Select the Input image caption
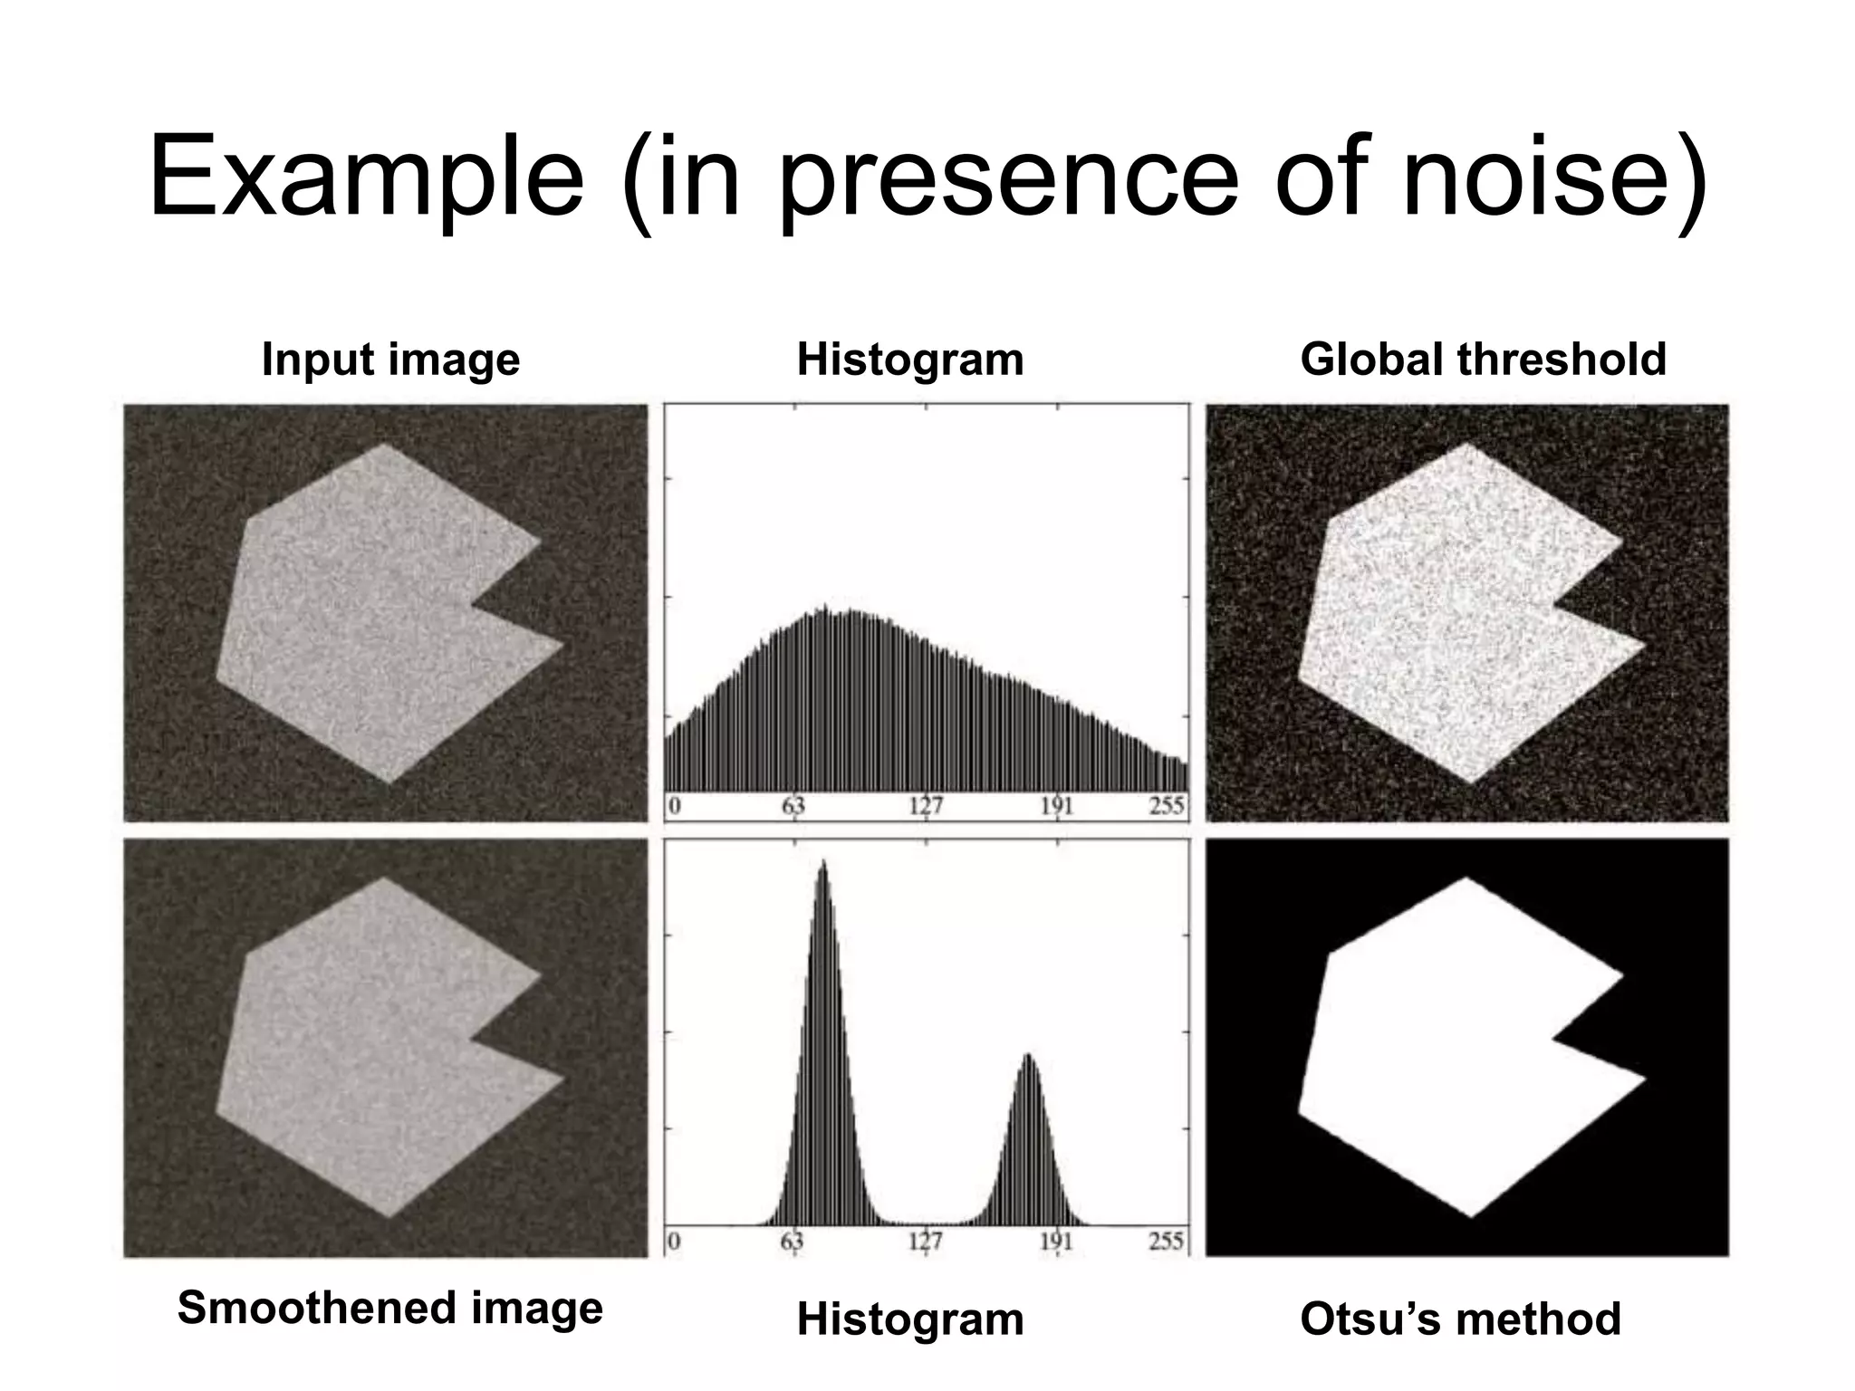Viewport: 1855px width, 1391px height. click(390, 360)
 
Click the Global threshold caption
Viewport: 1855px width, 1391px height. click(1483, 360)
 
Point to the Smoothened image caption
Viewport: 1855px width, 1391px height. click(390, 1308)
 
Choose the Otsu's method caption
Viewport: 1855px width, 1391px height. click(1460, 1319)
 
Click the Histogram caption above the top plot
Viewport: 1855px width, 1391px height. click(910, 360)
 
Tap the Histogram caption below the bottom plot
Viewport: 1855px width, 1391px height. click(910, 1319)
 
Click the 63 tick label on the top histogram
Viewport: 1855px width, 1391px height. click(793, 806)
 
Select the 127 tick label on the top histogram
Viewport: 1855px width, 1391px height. click(926, 806)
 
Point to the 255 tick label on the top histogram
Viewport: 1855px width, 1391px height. click(1167, 806)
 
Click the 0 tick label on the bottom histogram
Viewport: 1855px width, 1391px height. click(675, 1241)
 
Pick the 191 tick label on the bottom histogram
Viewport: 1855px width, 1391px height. click(1056, 1241)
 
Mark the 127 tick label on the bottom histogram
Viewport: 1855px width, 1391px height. click(926, 1241)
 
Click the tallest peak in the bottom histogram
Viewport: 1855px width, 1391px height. click(822, 863)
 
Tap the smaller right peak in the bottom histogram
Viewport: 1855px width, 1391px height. click(1028, 1056)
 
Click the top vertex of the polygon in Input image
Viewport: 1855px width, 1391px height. click(384, 444)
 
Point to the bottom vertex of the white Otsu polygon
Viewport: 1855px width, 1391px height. click(1471, 1216)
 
